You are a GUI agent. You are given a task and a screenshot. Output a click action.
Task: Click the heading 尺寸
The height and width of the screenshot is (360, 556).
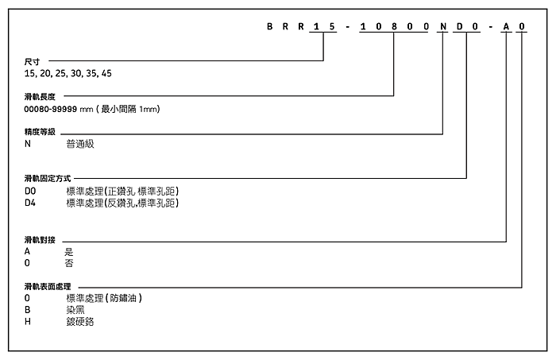(32, 61)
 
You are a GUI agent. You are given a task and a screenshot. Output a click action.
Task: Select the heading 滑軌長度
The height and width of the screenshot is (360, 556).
(40, 96)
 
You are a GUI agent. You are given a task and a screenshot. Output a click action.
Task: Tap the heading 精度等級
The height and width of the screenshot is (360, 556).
(40, 132)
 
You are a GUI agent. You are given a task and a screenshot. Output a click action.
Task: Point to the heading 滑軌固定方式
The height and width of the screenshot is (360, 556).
(48, 178)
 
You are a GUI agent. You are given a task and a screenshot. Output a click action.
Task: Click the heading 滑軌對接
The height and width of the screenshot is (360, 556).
(40, 240)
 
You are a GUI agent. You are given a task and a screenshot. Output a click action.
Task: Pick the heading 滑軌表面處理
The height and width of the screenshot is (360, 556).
(48, 286)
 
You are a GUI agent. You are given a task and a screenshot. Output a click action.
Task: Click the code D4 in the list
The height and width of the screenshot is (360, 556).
(30, 203)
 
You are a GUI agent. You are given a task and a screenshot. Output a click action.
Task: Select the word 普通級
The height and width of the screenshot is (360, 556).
(80, 144)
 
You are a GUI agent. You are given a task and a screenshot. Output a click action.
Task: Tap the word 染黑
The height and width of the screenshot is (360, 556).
(75, 310)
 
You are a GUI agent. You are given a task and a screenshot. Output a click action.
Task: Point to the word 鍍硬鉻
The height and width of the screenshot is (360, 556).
(80, 321)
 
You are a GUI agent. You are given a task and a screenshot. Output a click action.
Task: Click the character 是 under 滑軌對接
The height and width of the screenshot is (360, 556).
(69, 251)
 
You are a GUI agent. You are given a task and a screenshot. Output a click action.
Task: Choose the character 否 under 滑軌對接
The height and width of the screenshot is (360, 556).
(69, 263)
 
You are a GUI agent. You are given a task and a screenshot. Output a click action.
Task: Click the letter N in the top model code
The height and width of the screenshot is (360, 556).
(443, 26)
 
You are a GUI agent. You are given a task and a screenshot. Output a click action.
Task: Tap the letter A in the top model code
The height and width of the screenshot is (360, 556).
(507, 26)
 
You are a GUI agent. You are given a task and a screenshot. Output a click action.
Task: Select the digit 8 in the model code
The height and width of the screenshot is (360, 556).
(394, 26)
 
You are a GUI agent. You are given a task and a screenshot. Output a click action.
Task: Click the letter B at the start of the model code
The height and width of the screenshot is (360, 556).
(270, 26)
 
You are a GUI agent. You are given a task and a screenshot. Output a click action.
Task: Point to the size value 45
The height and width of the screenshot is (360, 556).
(106, 73)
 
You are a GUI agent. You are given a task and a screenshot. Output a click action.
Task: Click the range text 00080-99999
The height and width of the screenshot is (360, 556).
(50, 109)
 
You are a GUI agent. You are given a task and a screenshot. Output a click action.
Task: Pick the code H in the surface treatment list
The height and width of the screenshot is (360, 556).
(28, 321)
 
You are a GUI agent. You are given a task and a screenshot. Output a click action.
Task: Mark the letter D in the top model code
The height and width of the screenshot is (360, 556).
(460, 26)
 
